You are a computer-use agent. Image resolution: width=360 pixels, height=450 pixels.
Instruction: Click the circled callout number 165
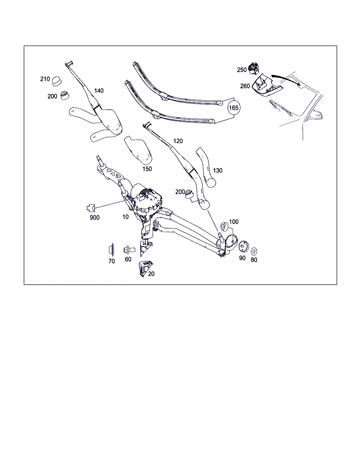point(234,108)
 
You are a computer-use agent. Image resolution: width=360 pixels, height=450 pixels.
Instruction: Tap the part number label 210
point(45,79)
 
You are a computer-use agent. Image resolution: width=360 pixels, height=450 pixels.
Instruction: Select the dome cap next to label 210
point(57,81)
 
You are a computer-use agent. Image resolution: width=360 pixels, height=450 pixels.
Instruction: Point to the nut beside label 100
point(224,226)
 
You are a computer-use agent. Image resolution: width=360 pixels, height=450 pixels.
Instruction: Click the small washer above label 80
point(254,251)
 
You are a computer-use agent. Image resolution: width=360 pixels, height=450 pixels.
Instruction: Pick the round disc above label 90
point(244,246)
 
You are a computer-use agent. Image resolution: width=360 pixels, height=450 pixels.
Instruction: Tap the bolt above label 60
point(129,250)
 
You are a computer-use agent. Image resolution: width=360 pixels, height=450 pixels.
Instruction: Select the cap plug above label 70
point(111,250)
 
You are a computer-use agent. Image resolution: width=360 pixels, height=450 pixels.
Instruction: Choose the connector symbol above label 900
point(91,208)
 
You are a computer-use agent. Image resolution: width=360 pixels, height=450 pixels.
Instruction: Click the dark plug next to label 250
point(253,68)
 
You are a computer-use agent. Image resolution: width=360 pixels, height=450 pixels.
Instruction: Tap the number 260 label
point(245,86)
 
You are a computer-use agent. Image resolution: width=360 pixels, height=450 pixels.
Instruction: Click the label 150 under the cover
point(147,169)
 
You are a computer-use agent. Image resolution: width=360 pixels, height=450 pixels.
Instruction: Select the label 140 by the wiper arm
point(99,91)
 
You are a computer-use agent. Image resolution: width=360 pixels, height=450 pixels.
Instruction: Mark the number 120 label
point(178,141)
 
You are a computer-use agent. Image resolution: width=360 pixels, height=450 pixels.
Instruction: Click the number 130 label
point(218,171)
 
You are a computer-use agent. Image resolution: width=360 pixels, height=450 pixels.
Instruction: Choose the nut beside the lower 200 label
point(189,194)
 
